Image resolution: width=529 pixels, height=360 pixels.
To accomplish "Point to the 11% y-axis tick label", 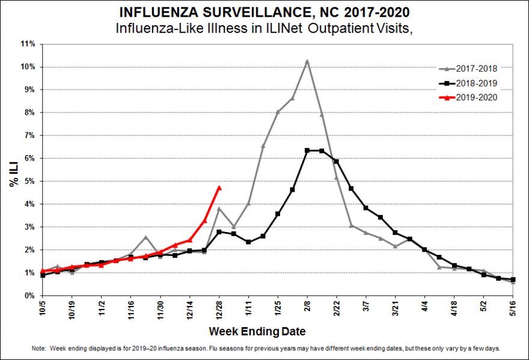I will (x=29, y=44).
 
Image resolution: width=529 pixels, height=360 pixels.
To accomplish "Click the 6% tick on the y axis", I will (x=31, y=158).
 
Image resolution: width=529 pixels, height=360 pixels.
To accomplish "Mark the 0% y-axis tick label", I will (x=31, y=296).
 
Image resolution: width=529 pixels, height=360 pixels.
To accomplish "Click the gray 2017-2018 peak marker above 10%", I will (x=307, y=61).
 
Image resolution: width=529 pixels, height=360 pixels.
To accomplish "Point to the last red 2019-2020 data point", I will (x=219, y=188).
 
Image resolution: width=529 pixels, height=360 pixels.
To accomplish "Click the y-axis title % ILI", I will (x=13, y=170).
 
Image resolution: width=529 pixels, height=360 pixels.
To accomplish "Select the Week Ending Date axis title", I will (x=257, y=332).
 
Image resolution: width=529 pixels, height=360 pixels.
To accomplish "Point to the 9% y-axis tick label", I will (x=31, y=90).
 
